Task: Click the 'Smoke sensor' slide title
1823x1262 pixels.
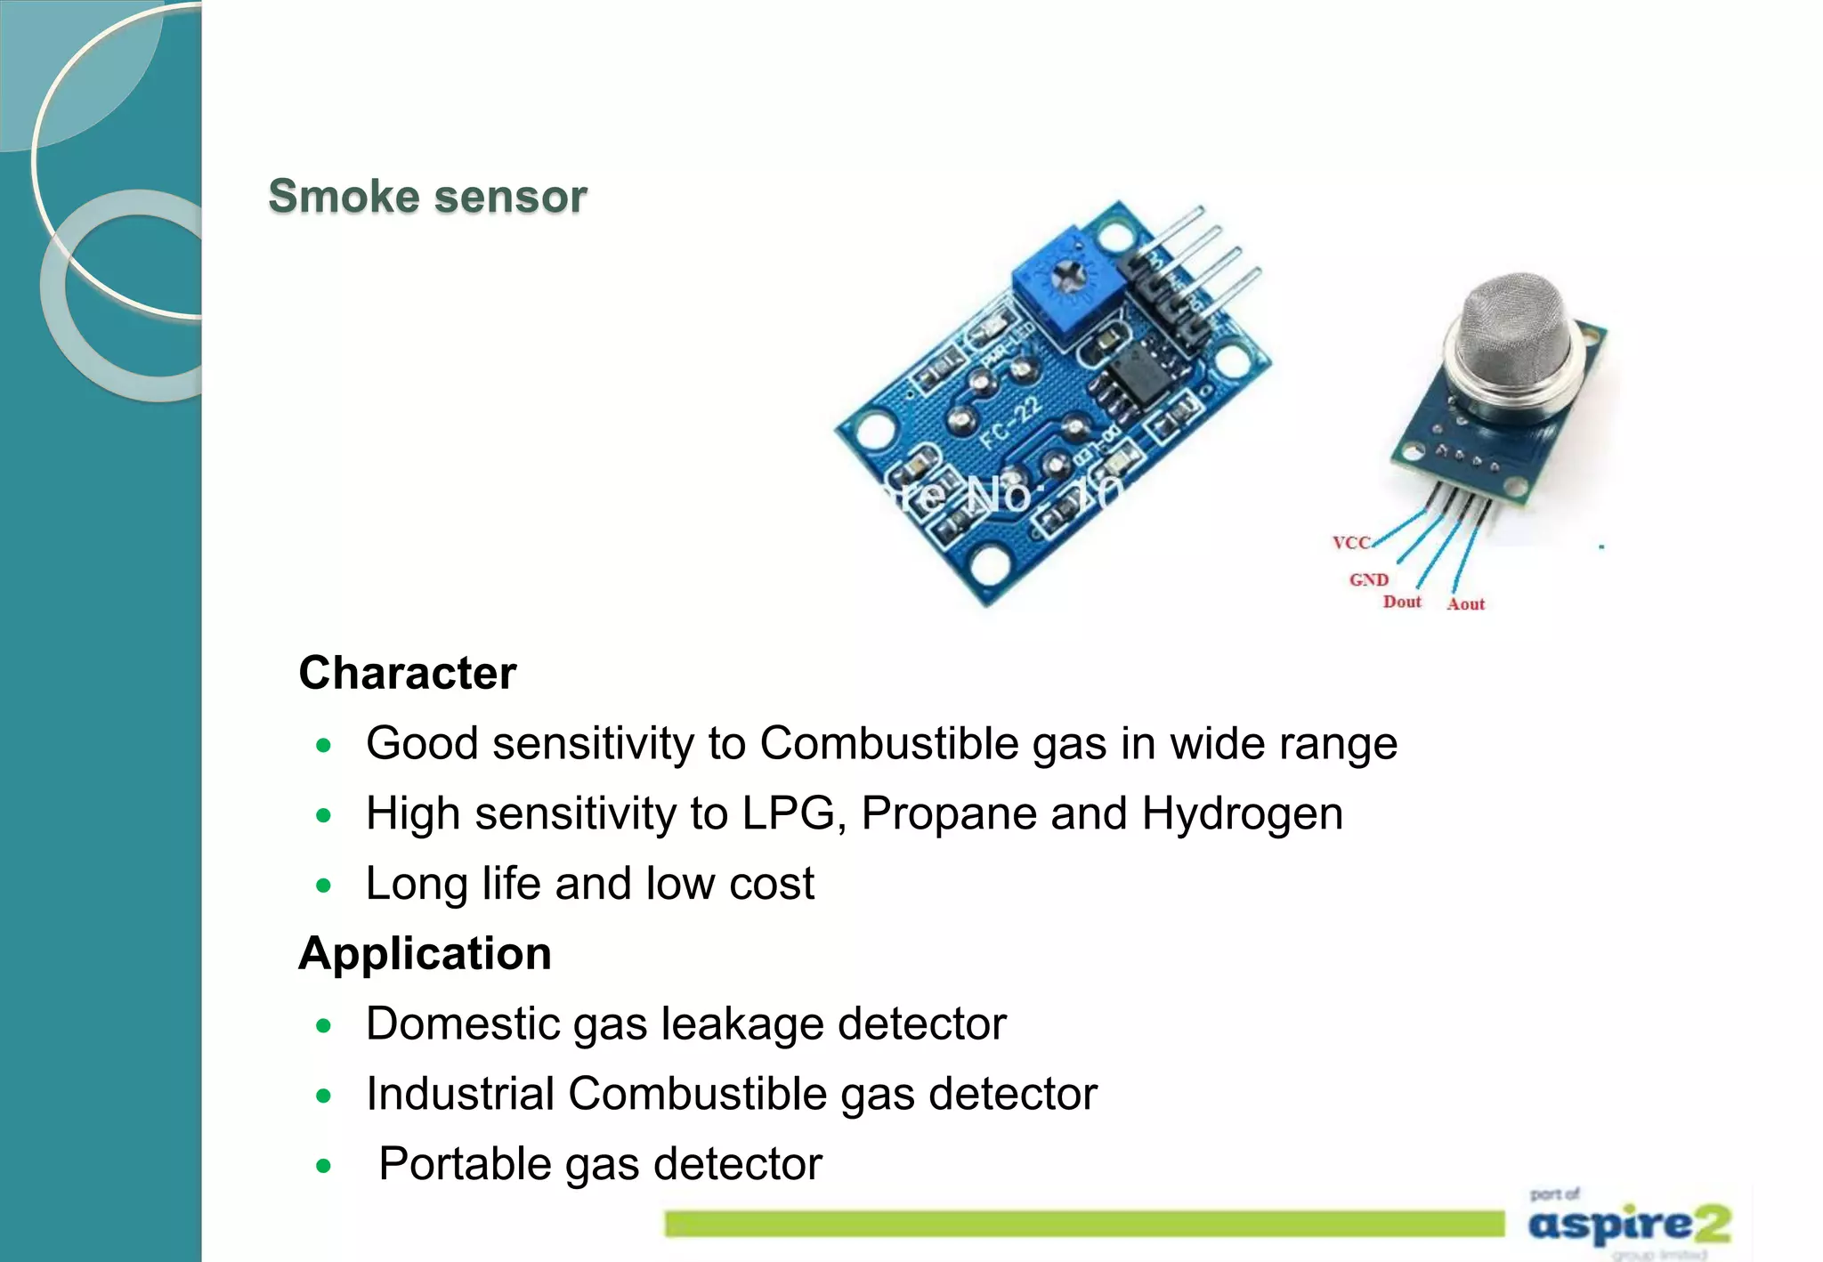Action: point(427,197)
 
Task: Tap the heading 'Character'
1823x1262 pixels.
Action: point(407,673)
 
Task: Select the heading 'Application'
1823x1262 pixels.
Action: point(425,954)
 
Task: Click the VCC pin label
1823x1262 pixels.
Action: point(1350,543)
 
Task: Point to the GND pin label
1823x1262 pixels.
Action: point(1368,580)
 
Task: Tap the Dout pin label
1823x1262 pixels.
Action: point(1402,603)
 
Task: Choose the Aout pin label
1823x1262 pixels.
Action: point(1465,604)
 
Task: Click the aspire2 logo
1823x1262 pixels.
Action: point(1629,1225)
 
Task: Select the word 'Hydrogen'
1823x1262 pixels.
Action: point(1242,813)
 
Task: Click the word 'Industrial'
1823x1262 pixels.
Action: point(460,1094)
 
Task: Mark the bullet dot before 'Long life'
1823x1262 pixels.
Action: point(324,886)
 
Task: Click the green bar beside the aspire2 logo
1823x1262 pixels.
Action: point(1083,1224)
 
